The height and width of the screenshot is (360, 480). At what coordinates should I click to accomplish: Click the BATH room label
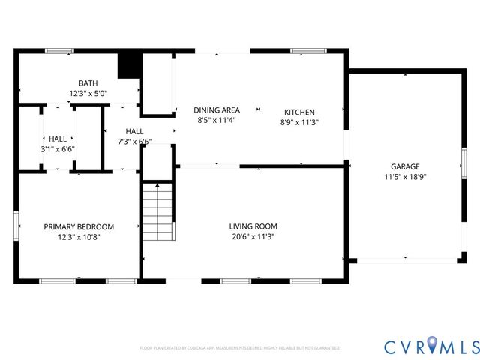pos(88,83)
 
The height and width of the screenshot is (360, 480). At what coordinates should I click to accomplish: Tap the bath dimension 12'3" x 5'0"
pos(88,94)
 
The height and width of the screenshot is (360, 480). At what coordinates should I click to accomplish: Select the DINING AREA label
pos(217,110)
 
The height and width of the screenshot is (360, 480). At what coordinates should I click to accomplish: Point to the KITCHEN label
pos(298,112)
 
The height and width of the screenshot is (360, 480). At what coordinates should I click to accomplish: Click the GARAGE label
pos(405,166)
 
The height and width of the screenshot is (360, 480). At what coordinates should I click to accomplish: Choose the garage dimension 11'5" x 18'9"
pos(405,177)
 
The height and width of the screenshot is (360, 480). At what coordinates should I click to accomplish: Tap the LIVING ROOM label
pos(253,226)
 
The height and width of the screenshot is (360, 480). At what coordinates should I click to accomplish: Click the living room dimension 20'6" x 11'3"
pos(253,237)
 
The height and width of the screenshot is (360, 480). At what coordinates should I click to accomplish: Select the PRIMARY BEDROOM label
pos(79,227)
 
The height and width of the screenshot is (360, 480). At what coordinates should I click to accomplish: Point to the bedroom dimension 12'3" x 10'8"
pos(79,237)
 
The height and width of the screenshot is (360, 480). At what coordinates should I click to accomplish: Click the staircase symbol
pos(158,213)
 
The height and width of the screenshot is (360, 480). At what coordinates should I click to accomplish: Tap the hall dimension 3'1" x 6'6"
pos(58,149)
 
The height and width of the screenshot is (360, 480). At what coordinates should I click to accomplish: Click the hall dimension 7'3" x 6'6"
pos(134,142)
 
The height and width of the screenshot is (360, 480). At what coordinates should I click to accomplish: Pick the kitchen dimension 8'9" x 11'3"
pos(298,122)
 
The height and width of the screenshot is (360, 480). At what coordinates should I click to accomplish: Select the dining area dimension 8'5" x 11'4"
pos(217,120)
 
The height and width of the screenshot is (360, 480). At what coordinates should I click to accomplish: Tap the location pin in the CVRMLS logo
pos(436,346)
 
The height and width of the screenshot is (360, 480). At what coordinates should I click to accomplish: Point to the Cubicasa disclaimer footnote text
pos(240,348)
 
